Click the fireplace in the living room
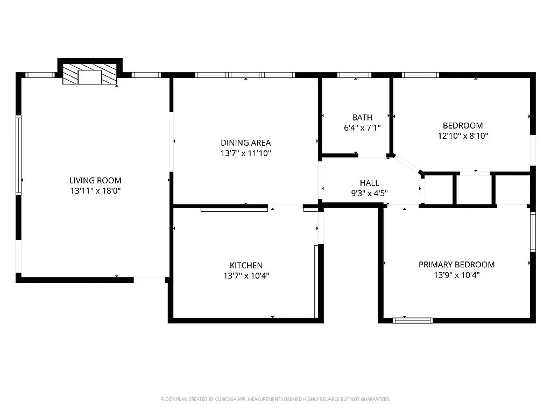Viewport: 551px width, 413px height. click(x=90, y=74)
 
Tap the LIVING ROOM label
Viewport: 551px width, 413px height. click(x=95, y=181)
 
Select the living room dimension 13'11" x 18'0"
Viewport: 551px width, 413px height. click(x=95, y=190)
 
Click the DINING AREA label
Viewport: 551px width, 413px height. click(x=245, y=143)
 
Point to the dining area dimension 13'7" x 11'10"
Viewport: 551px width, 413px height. click(x=245, y=153)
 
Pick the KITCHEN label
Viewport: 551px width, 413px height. click(x=246, y=266)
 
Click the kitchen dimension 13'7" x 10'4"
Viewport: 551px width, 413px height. click(x=246, y=275)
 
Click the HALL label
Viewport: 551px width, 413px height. click(x=369, y=183)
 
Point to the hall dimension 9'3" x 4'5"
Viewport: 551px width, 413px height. click(x=369, y=193)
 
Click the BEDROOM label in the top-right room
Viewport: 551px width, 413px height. click(x=463, y=126)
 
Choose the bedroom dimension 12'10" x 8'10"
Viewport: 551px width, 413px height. click(x=463, y=136)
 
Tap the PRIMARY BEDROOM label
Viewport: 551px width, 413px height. click(x=456, y=265)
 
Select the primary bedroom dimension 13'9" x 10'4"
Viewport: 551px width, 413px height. click(x=456, y=275)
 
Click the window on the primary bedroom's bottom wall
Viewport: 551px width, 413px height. click(x=413, y=321)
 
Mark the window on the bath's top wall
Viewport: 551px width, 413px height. click(x=355, y=75)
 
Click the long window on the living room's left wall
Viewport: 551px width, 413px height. click(x=18, y=155)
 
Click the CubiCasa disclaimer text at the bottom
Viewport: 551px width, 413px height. click(x=275, y=399)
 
